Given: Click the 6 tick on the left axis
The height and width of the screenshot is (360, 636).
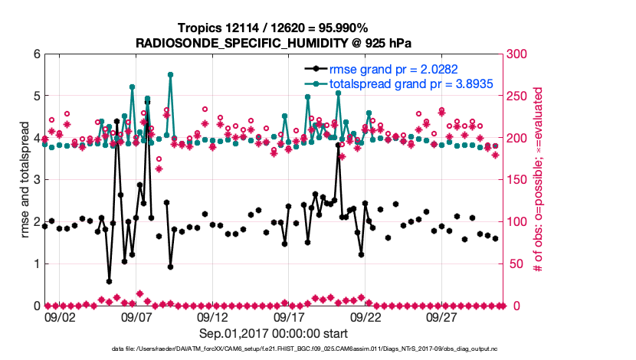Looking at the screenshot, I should pyautogui.click(x=35, y=54).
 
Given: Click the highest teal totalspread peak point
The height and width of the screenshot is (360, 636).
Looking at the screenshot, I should pyautogui.click(x=170, y=74).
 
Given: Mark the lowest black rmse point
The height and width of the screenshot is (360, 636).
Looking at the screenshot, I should pyautogui.click(x=109, y=281).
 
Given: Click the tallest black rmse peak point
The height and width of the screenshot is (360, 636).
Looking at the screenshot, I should pyautogui.click(x=147, y=100).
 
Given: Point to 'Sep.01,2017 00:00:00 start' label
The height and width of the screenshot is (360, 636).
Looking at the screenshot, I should pyautogui.click(x=274, y=333).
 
